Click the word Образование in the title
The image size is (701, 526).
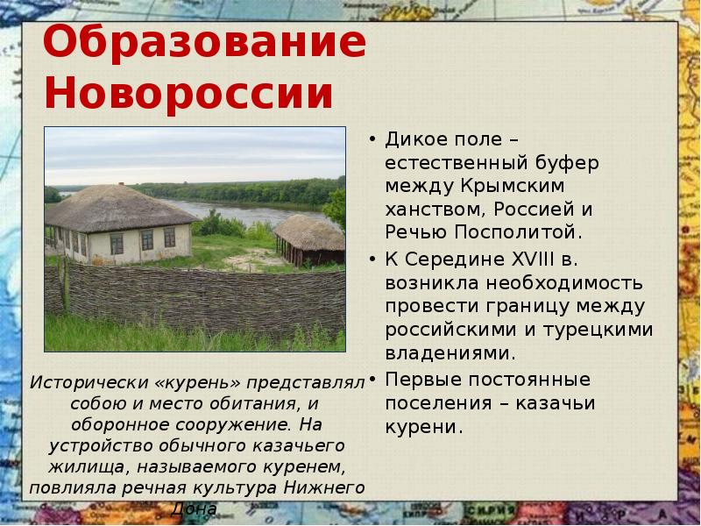pos(204,42)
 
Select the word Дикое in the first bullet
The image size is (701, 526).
pos(414,140)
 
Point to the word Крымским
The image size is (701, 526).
pos(511,187)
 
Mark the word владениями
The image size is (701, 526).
pos(450,353)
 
